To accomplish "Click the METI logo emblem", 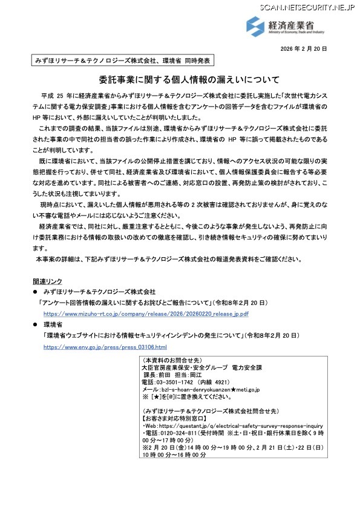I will pyautogui.click(x=254, y=26).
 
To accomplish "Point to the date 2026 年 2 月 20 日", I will pyautogui.click(x=303, y=48).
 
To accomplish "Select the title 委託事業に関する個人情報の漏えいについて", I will pyautogui.click(x=180, y=79).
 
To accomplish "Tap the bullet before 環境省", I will pyautogui.click(x=35, y=325).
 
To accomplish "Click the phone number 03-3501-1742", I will pyautogui.click(x=177, y=383).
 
